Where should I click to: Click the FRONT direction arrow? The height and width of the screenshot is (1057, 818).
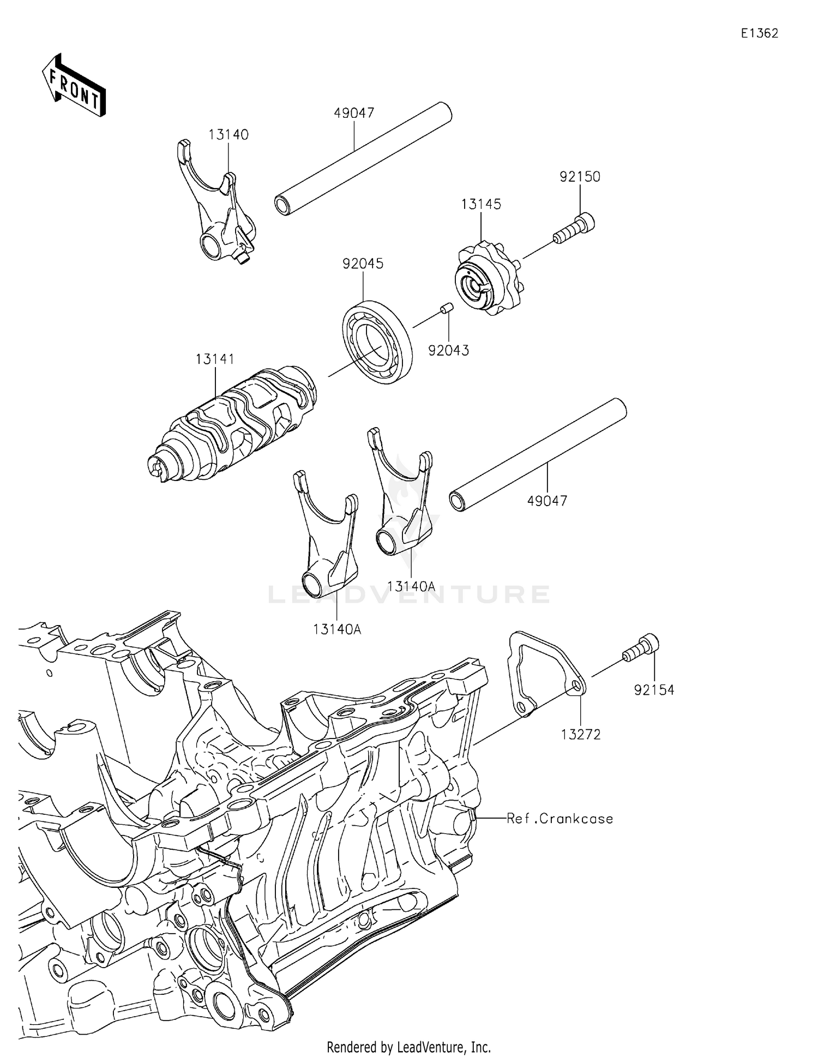tap(74, 86)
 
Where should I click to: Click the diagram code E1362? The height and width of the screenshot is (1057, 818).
tap(759, 33)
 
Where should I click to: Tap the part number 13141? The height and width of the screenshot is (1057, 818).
tap(215, 359)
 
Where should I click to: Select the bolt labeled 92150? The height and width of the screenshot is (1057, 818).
tap(575, 228)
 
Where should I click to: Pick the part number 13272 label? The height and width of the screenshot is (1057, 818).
tap(580, 734)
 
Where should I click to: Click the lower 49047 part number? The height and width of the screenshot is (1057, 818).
tap(547, 500)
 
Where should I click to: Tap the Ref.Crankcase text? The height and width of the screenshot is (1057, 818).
tap(560, 819)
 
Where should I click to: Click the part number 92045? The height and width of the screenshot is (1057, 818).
tap(363, 263)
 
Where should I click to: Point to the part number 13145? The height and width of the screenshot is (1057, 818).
tap(480, 204)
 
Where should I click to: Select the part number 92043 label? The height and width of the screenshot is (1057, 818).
tap(448, 350)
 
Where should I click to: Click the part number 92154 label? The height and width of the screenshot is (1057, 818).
tap(654, 690)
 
